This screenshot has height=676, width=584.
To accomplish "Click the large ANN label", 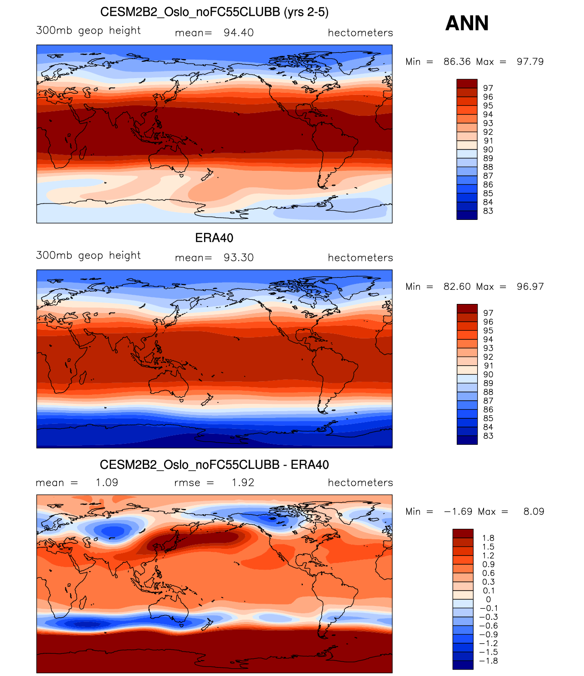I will click(467, 23).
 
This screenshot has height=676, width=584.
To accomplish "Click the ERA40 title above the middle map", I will click(214, 238).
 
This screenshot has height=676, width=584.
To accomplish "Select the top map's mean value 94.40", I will click(239, 33).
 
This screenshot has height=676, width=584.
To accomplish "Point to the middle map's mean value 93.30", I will click(239, 258).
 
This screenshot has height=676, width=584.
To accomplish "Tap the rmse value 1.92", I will click(243, 482).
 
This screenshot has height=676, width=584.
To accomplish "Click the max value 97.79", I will click(530, 62).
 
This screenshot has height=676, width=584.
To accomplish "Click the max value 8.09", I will click(534, 512).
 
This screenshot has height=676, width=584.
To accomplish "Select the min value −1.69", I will click(458, 512).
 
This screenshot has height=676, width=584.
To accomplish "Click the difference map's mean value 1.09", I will click(107, 482).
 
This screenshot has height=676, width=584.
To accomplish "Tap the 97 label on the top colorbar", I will click(488, 88).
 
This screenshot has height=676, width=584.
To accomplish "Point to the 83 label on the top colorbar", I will click(488, 211).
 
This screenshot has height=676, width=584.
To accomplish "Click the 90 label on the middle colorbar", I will click(488, 374).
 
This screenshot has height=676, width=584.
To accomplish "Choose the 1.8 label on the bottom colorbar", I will click(489, 538).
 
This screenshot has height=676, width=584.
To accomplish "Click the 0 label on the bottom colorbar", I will click(489, 600).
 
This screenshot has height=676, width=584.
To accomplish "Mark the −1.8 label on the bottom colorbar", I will click(489, 661).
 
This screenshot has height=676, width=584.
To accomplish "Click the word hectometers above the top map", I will click(360, 33).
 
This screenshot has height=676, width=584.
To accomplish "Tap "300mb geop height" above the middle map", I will click(88, 255).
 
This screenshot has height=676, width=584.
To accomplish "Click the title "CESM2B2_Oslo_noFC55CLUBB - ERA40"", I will click(214, 465).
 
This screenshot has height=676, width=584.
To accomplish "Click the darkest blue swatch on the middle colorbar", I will click(467, 440).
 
